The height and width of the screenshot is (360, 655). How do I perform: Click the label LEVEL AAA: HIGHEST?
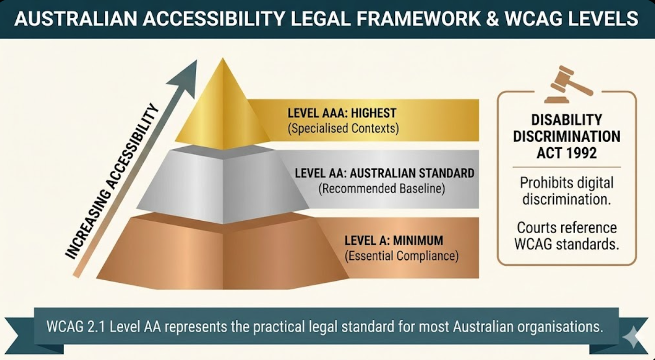(342, 113)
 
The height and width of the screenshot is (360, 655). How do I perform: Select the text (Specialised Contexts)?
(343, 128)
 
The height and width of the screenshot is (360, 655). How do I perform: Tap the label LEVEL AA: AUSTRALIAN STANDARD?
(384, 173)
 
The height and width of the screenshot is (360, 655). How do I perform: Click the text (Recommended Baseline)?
(382, 188)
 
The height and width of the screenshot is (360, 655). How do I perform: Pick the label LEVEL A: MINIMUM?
(394, 241)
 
